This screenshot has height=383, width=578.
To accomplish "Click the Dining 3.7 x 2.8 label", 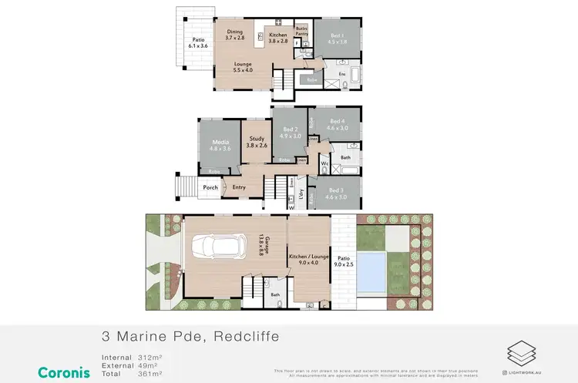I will pyautogui.click(x=235, y=35).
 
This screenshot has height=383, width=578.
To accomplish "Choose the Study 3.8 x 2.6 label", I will pyautogui.click(x=256, y=142).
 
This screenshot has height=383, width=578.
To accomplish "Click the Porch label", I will pyautogui.click(x=210, y=187).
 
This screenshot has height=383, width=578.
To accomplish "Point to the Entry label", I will pyautogui.click(x=239, y=187).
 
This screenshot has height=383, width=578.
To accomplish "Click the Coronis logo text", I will pyautogui.click(x=64, y=372).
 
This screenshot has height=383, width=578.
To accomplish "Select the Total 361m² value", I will pyautogui.click(x=155, y=373).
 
